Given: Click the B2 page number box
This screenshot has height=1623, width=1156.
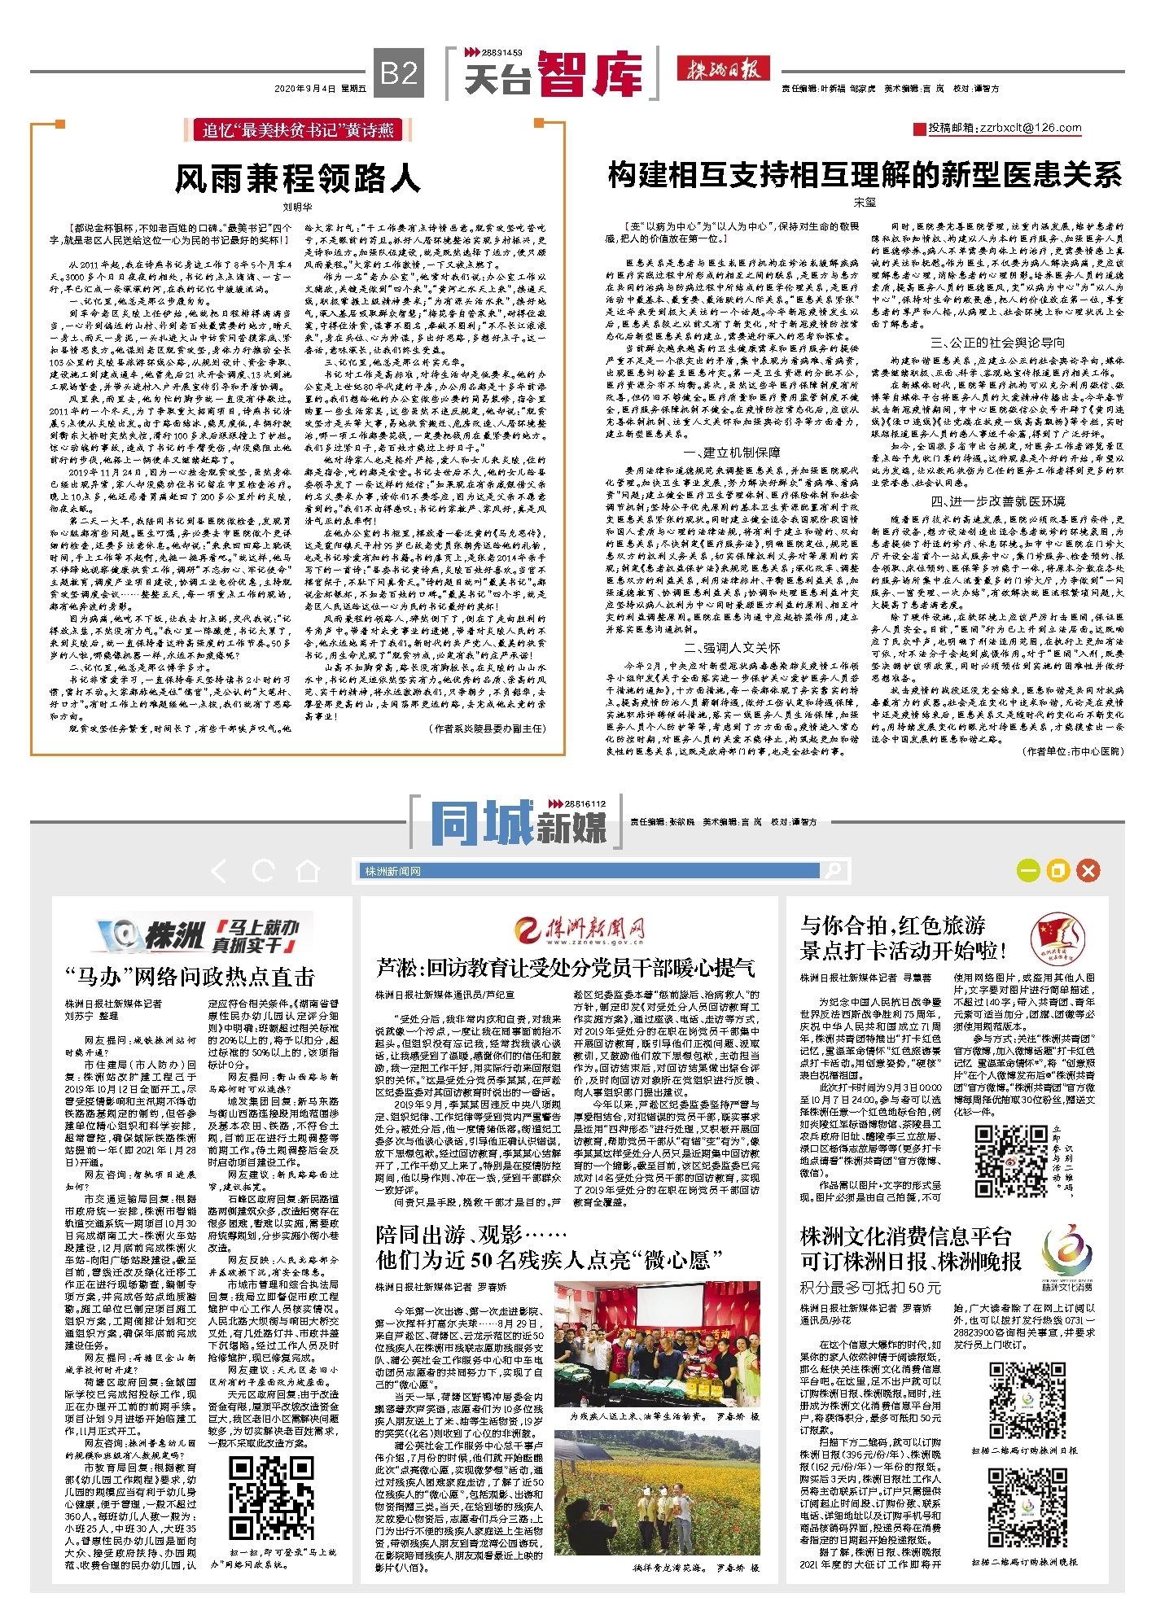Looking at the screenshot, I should pyautogui.click(x=399, y=73).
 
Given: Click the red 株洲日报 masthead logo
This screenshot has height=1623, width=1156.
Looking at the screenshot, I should pyautogui.click(x=723, y=69).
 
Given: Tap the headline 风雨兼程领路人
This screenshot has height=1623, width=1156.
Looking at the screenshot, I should pyautogui.click(x=297, y=178).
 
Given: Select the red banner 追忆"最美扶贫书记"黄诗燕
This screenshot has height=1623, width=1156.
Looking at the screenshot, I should pyautogui.click(x=297, y=130).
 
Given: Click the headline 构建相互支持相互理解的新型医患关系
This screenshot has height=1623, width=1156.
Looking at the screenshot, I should pyautogui.click(x=865, y=175).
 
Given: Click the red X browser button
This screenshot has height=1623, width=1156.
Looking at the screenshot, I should pyautogui.click(x=1088, y=871).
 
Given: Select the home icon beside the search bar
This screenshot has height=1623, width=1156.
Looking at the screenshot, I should pyautogui.click(x=307, y=872).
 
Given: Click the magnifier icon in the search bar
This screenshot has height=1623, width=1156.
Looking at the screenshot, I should pyautogui.click(x=832, y=871).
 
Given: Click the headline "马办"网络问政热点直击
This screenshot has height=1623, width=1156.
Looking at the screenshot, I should pyautogui.click(x=190, y=977).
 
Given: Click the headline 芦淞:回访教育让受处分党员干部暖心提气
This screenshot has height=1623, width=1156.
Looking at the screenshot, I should pyautogui.click(x=565, y=968).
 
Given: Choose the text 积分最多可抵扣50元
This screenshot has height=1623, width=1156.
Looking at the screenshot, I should pyautogui.click(x=869, y=1287).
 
